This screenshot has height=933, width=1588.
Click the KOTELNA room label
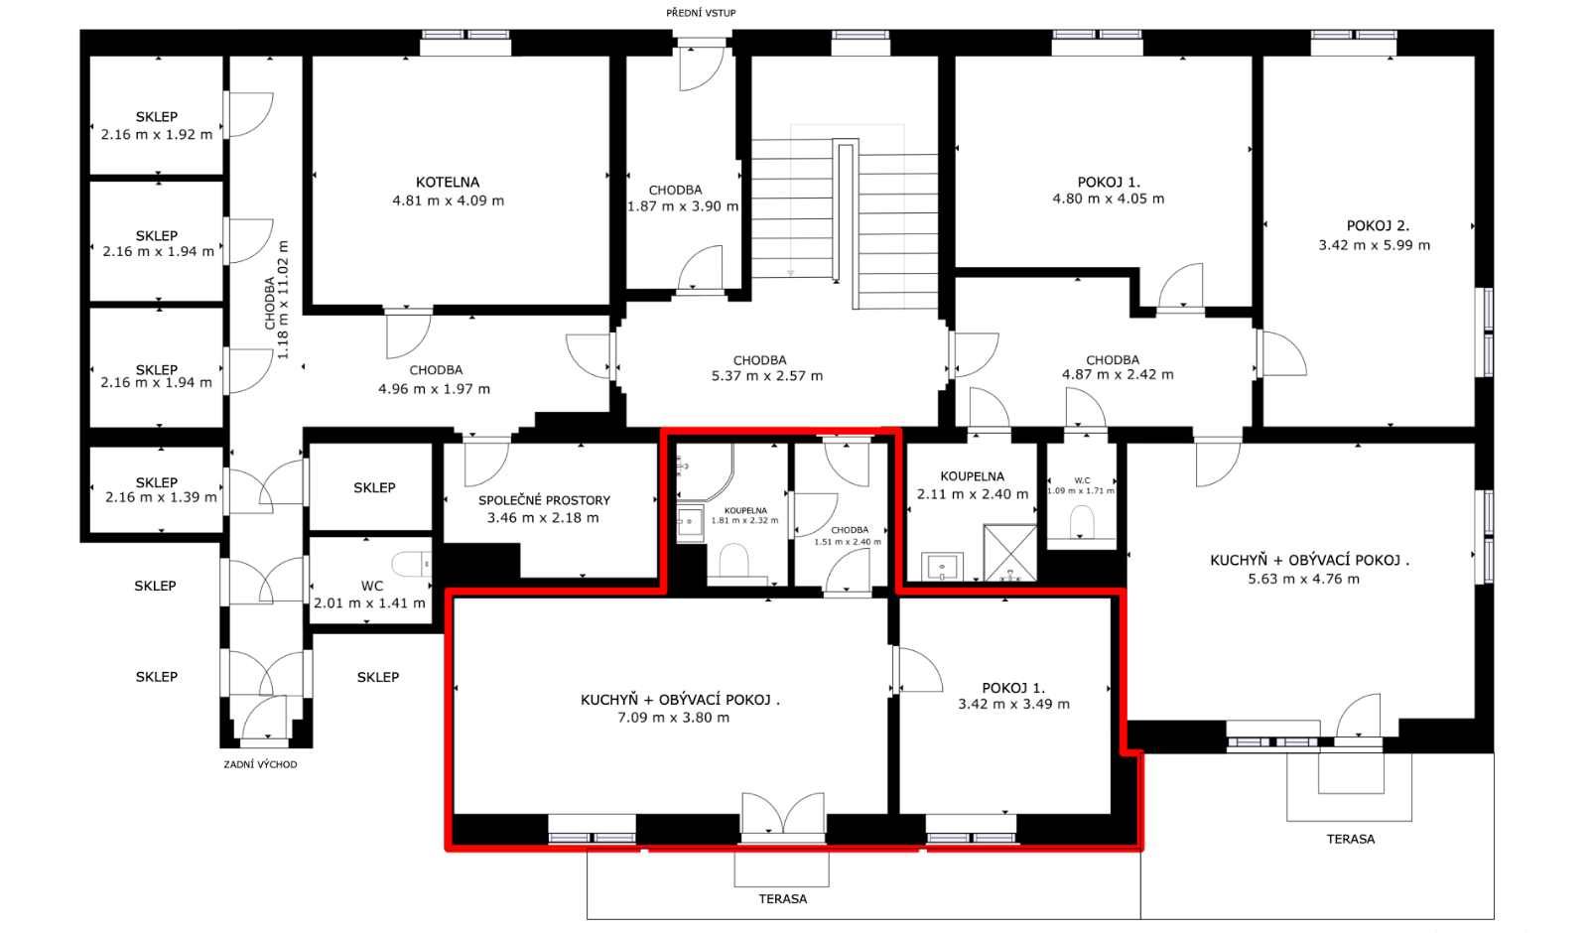(x=448, y=183)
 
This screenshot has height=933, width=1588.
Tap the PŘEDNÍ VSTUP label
(x=701, y=13)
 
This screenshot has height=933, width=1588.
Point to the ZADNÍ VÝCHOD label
(x=260, y=764)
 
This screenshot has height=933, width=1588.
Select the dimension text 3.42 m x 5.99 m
(x=1374, y=245)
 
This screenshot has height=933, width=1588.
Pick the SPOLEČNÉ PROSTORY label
(x=544, y=500)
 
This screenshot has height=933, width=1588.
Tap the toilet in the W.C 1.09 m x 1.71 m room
(x=1081, y=522)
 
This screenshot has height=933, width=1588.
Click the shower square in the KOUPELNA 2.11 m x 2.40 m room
(x=1009, y=552)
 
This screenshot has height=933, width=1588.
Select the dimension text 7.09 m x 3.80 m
(x=673, y=718)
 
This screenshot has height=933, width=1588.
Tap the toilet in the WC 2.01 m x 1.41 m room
(x=412, y=565)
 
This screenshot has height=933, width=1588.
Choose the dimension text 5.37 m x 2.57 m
(x=767, y=376)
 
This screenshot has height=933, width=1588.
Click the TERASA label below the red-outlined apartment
(x=783, y=899)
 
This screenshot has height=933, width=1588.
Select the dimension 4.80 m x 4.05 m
(x=1108, y=199)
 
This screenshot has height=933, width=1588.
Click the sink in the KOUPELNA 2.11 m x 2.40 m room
(x=942, y=567)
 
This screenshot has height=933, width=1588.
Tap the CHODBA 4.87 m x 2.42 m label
(x=1118, y=367)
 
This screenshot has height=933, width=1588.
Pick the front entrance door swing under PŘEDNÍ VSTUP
(x=701, y=67)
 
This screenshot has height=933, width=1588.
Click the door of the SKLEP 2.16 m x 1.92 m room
(x=248, y=114)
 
